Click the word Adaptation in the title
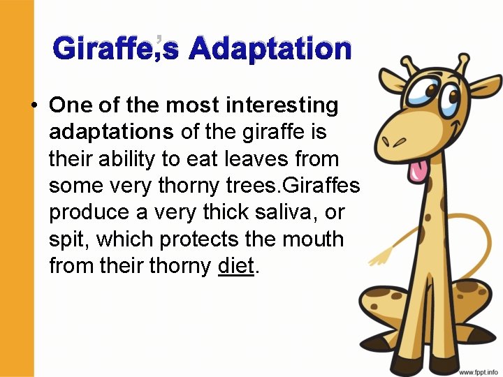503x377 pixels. (270, 50)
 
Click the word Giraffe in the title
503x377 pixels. (103, 50)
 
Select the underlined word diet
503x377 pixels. (235, 265)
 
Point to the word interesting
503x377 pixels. (282, 105)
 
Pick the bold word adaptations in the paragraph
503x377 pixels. (112, 132)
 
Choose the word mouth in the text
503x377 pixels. (316, 239)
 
